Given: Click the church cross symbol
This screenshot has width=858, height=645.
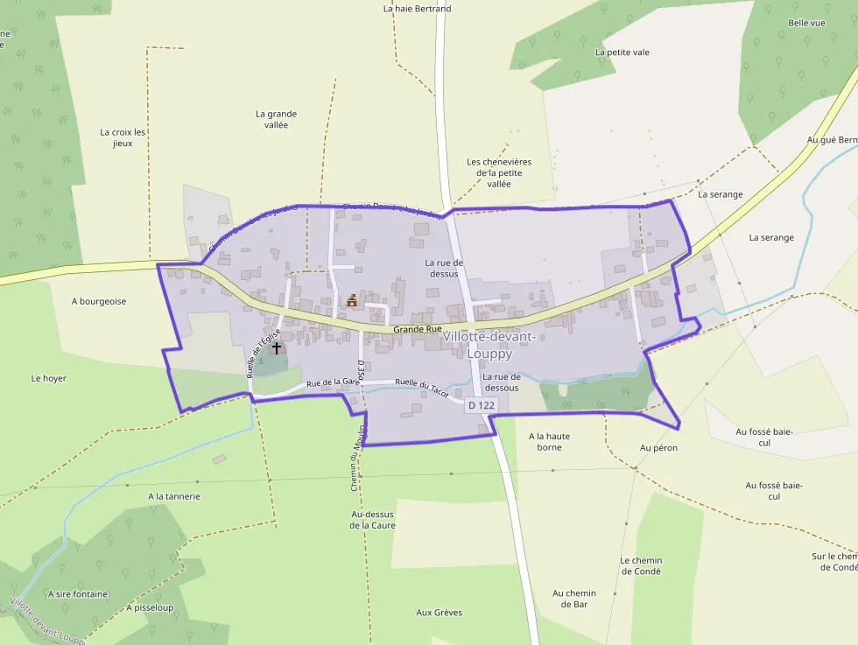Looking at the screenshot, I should coord(277,347).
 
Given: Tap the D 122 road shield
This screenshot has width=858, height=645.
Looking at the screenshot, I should coord(482,405).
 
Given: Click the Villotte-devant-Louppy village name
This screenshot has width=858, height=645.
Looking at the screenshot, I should coord(489,345).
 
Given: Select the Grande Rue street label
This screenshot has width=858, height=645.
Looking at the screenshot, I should coord(417,329).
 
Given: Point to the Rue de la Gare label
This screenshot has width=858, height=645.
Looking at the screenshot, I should coord(334,382).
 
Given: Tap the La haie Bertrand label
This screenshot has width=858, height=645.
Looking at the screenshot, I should coord(418,9).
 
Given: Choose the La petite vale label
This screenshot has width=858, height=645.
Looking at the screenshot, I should coord(622,53).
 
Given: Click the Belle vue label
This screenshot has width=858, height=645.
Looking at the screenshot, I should coord(806,23).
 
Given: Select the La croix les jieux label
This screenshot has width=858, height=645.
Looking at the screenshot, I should coord(123,137).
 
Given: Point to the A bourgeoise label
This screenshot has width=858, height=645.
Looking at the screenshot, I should coord(99,301).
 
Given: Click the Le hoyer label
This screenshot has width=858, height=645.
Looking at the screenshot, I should coord(49,379).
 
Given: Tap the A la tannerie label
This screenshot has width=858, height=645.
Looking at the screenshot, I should coord(174,496).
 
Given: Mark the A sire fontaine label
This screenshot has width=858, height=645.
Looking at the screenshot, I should coord(79,594).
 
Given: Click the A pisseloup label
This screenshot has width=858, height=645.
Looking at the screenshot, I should coord(150,607).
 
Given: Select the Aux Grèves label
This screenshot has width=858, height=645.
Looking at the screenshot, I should coord(440,613).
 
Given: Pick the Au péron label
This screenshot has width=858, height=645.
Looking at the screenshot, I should coord(658,448).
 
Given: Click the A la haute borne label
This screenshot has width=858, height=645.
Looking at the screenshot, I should coord(550,441).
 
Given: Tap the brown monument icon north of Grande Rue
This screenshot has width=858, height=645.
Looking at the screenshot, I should coord(352,301).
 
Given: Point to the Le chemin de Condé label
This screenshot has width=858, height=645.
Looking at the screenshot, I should coord(641,565).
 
